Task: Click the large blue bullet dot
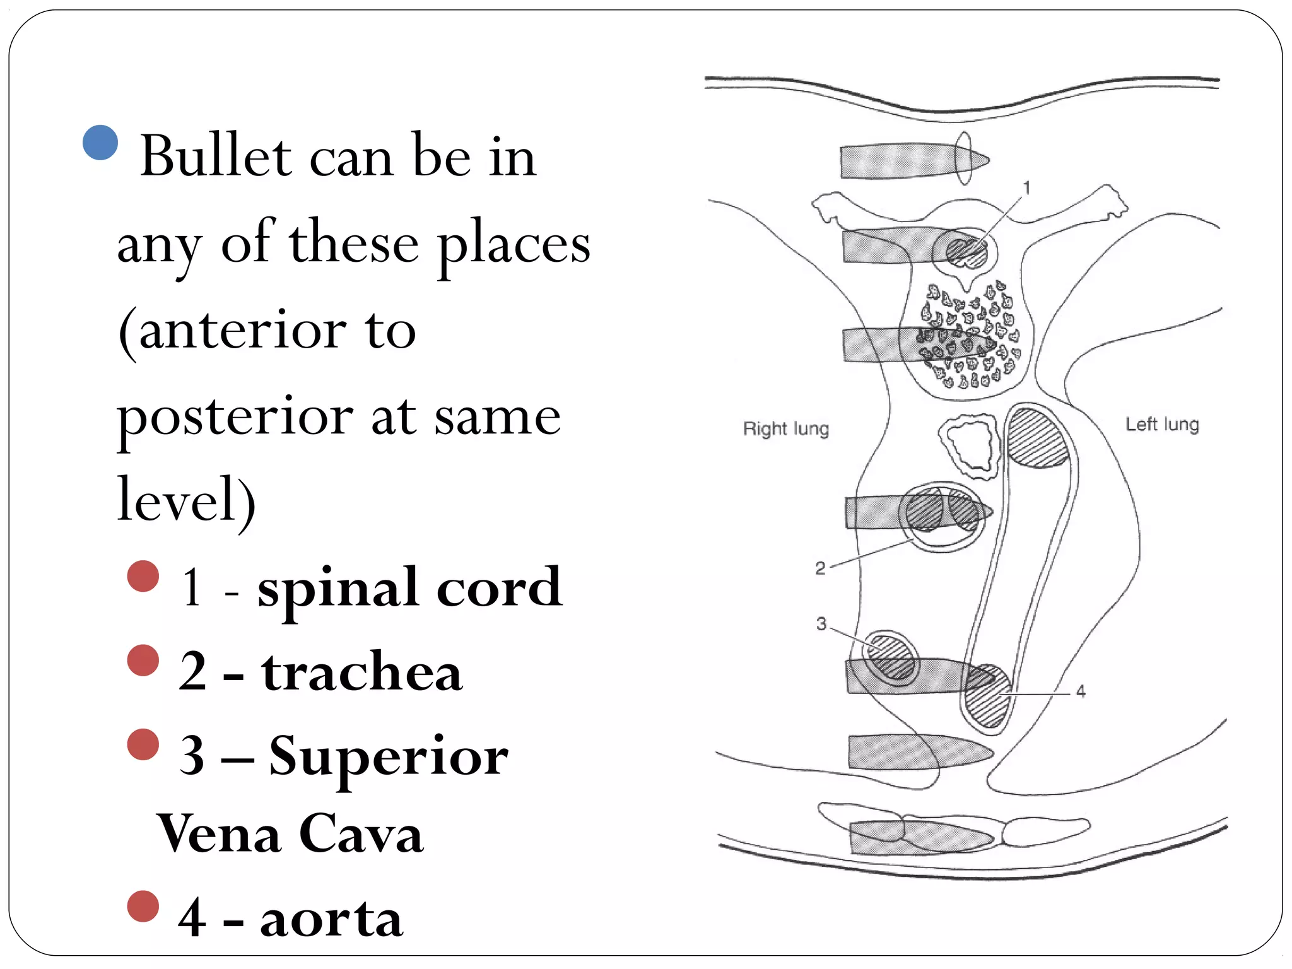tap(100, 143)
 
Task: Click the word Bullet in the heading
tap(216, 156)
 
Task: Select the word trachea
tap(362, 672)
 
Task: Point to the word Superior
tap(388, 756)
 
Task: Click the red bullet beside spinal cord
tap(143, 576)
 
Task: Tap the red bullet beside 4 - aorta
tap(143, 907)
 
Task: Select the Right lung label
tap(786, 429)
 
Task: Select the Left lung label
tap(1162, 424)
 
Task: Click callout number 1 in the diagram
tap(1026, 188)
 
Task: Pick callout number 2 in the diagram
tap(820, 568)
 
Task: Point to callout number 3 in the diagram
tap(821, 624)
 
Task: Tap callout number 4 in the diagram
tap(1081, 692)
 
